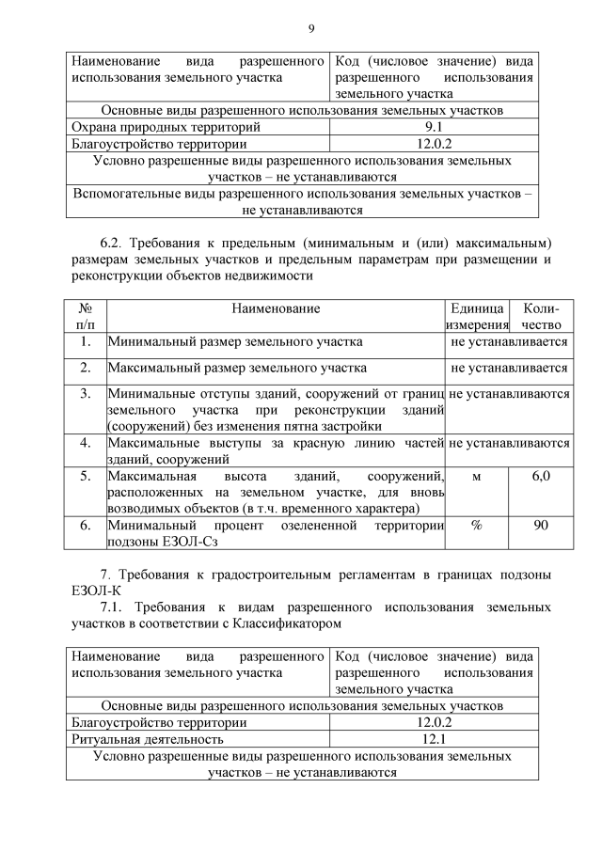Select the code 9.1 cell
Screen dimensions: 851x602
pyautogui.click(x=434, y=127)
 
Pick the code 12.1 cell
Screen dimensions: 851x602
pyautogui.click(x=434, y=739)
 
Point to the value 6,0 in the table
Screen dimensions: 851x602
pyautogui.click(x=541, y=477)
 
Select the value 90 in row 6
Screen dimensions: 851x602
pyautogui.click(x=541, y=525)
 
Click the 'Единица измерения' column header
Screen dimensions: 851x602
pyautogui.click(x=477, y=316)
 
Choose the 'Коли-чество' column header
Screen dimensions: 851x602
pyautogui.click(x=541, y=316)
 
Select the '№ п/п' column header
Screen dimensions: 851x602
pyautogui.click(x=86, y=316)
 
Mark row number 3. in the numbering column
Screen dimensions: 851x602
pyautogui.click(x=86, y=393)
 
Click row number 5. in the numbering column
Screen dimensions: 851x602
pyautogui.click(x=86, y=477)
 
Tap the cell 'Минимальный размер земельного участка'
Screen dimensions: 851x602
pyautogui.click(x=234, y=342)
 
